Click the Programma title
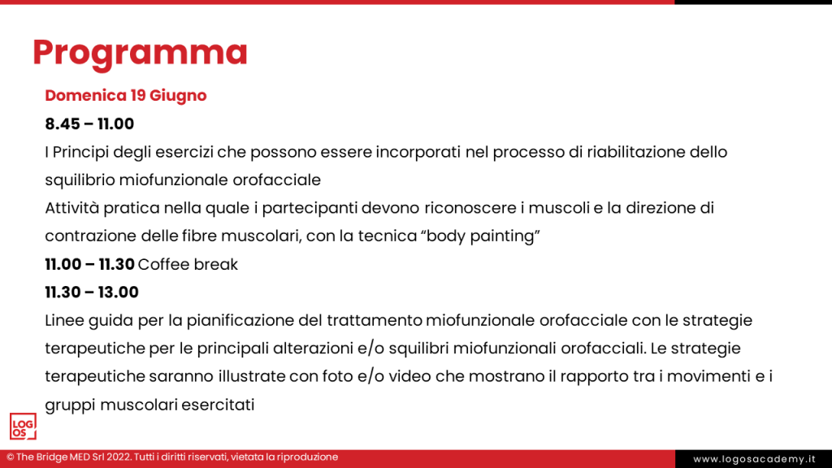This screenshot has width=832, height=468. click(140, 52)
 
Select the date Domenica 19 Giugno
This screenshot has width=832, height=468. click(126, 95)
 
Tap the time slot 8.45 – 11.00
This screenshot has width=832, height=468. click(89, 124)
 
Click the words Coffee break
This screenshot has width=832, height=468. click(188, 264)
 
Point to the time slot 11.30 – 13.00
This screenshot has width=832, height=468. click(92, 292)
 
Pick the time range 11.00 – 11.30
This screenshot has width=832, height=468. click(89, 264)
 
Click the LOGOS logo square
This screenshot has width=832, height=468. click(24, 427)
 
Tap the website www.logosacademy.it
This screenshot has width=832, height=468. click(753, 459)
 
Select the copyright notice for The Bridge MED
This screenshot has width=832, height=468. click(172, 457)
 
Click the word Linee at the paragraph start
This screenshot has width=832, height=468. click(65, 320)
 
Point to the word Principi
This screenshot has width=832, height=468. click(83, 152)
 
